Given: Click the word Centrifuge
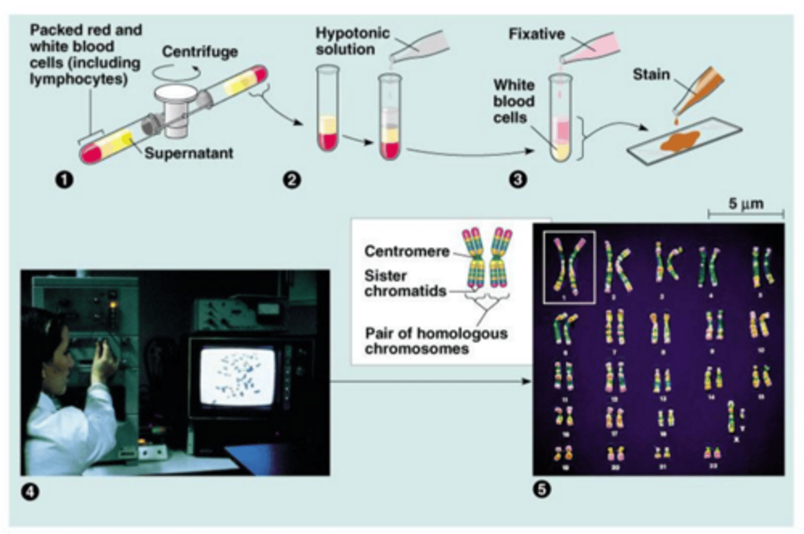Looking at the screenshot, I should (x=200, y=52).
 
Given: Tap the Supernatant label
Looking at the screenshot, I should (x=189, y=153).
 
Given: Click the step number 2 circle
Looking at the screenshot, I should (x=292, y=180).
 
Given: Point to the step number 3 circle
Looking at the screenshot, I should (x=518, y=179).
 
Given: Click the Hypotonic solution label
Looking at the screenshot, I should (x=352, y=41).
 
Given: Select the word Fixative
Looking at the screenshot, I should (x=536, y=34).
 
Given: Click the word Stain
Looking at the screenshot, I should (x=650, y=74).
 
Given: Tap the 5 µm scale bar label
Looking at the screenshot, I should (x=745, y=204).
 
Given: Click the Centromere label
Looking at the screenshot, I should (x=406, y=251).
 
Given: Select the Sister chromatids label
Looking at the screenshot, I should (x=404, y=283).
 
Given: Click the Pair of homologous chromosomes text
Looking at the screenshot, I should (x=435, y=341).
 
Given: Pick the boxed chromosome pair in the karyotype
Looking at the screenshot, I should (x=569, y=267).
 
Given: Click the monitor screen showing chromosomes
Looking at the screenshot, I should (x=238, y=376).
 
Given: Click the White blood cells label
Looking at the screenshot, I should (x=514, y=101).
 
